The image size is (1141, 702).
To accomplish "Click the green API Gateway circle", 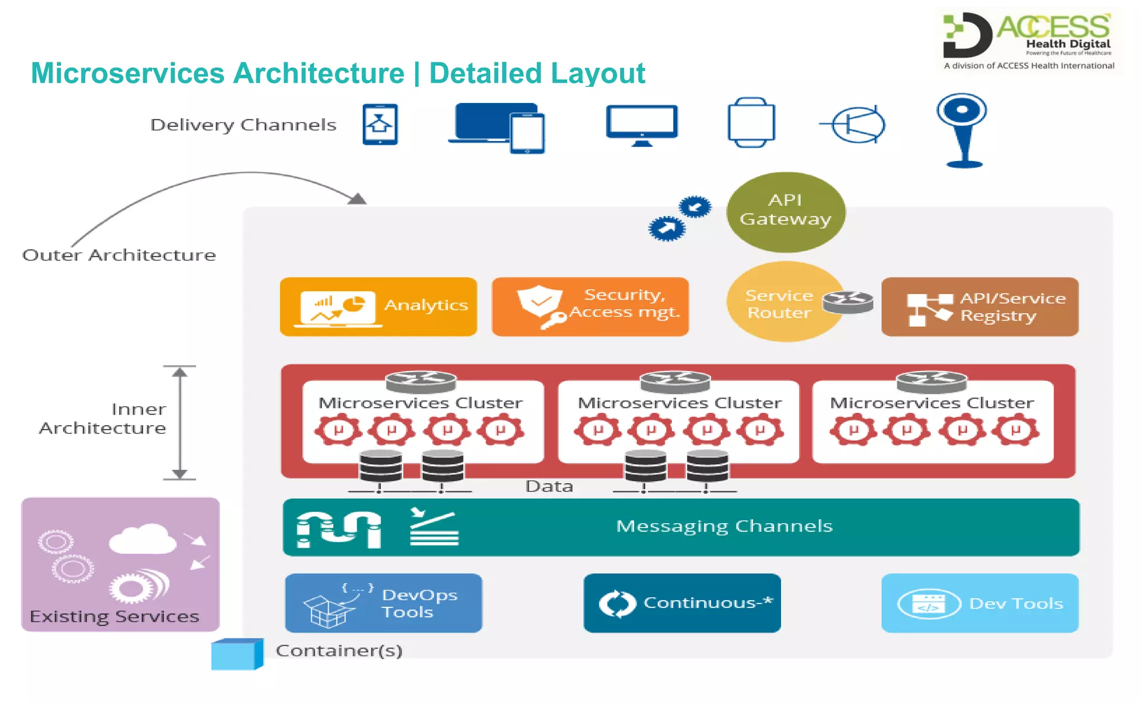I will click(x=786, y=212).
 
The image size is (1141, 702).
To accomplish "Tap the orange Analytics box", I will click(x=378, y=306).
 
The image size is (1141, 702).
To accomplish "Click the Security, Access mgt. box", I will click(x=590, y=306).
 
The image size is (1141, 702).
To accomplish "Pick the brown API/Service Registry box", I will click(x=979, y=306).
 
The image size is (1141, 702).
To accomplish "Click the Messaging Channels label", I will click(x=724, y=526).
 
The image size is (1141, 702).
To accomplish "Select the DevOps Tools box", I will click(x=383, y=603).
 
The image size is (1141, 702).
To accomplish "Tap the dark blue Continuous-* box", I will click(x=682, y=603).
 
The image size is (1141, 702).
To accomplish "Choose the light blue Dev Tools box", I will click(x=979, y=603).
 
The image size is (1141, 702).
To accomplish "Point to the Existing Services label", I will click(x=114, y=617).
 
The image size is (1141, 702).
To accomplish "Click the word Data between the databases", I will click(x=549, y=486).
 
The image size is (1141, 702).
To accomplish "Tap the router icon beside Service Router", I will click(x=847, y=303).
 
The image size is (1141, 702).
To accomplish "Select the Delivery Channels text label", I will click(x=243, y=125).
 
